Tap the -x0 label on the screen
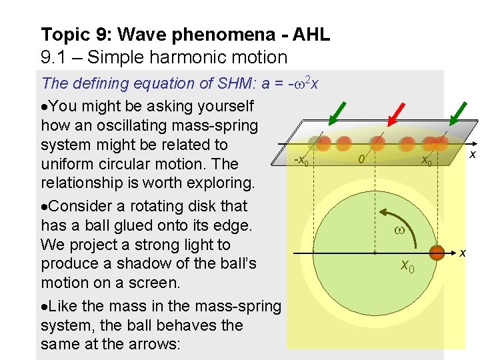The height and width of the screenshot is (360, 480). [x=301, y=161]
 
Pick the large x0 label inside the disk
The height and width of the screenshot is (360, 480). [x=407, y=267]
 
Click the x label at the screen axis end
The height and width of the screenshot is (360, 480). [x=472, y=154]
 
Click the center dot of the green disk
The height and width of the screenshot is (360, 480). [x=375, y=254]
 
